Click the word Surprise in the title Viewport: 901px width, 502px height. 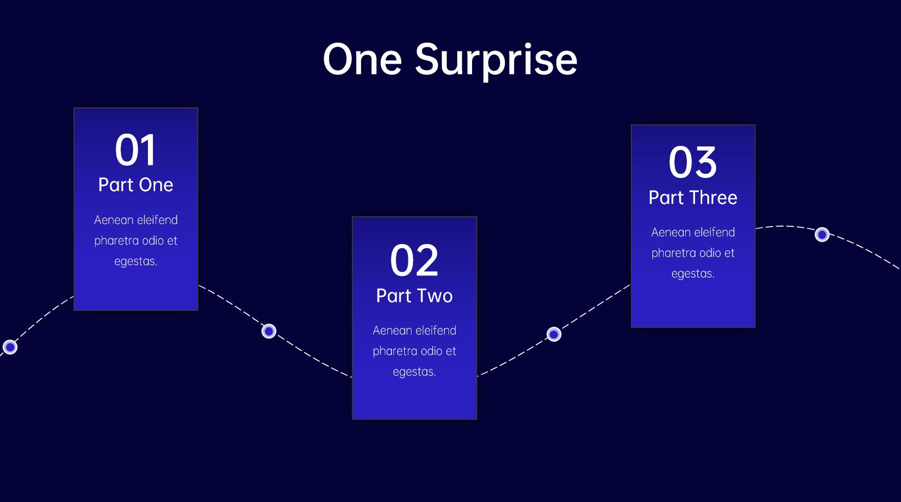coord(496,61)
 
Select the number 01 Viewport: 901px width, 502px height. coord(135,150)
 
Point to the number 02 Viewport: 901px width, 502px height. coord(414,261)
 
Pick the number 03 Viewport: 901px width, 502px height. coord(692,162)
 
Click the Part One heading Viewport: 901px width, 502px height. coord(136,185)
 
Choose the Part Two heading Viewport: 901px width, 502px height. coord(414,296)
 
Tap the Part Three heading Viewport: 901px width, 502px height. coord(693,198)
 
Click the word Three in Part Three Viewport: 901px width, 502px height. coord(714,198)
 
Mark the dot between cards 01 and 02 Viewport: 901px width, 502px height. coord(269,331)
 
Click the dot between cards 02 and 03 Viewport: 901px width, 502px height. coord(554,334)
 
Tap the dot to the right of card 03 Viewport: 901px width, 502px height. coord(822,235)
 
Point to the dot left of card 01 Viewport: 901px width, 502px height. coord(10,347)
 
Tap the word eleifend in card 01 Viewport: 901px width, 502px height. coord(157,220)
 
